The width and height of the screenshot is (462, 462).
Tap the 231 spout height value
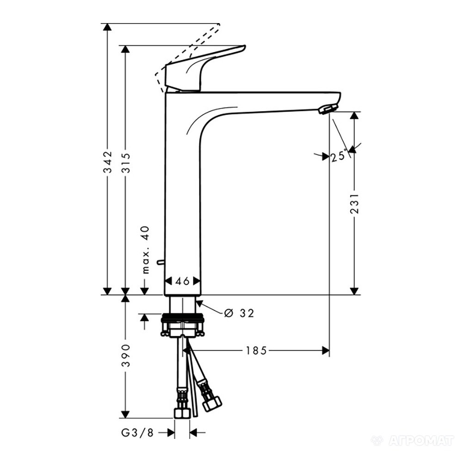(x=354, y=203)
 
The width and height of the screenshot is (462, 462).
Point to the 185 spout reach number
(x=256, y=351)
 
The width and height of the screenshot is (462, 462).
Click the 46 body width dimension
(x=182, y=281)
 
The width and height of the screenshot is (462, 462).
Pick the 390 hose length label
(x=126, y=355)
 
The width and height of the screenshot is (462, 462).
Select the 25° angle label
(x=339, y=156)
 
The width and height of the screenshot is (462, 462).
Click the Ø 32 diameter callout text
(x=239, y=313)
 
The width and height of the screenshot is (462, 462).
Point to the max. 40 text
(x=146, y=250)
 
